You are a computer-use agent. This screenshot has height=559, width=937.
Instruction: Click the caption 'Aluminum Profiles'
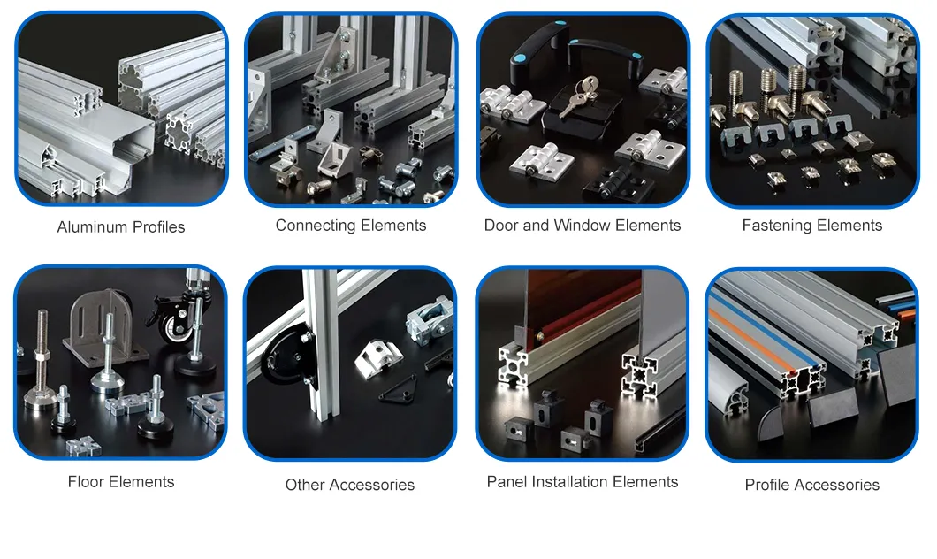(x=121, y=227)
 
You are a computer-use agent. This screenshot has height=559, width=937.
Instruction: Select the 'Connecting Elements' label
(x=351, y=226)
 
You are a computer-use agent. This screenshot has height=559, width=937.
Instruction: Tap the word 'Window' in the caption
(x=583, y=226)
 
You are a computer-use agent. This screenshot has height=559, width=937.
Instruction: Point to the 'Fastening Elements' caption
(x=811, y=226)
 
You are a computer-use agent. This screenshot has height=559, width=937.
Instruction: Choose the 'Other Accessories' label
(x=349, y=485)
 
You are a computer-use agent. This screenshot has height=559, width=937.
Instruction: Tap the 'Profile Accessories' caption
(x=811, y=485)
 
